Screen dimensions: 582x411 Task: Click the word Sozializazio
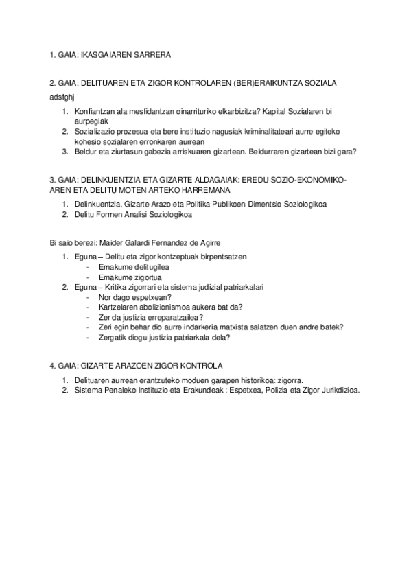[96, 131]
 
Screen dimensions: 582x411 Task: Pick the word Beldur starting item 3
[85, 151]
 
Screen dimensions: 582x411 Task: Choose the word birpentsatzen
[221, 257]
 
